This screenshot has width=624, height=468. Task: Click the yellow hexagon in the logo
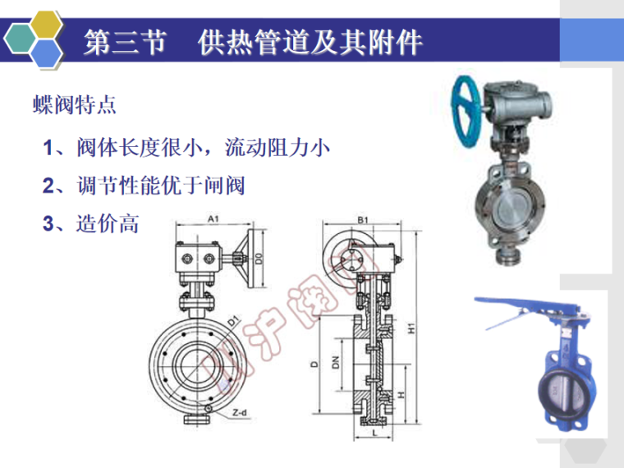pyautogui.click(x=47, y=25)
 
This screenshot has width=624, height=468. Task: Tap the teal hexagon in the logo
pyautogui.click(x=20, y=39)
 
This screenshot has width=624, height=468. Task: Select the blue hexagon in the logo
pyautogui.click(x=47, y=53)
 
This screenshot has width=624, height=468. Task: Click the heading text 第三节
pyautogui.click(x=125, y=42)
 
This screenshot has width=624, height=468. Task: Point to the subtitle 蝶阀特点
pyautogui.click(x=75, y=105)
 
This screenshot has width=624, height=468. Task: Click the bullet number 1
pyautogui.click(x=48, y=148)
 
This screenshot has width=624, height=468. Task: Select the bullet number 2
pyautogui.click(x=48, y=186)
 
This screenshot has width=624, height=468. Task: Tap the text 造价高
pyautogui.click(x=108, y=223)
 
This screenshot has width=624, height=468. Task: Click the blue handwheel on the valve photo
pyautogui.click(x=467, y=111)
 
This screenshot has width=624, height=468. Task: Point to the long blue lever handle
pyautogui.click(x=525, y=306)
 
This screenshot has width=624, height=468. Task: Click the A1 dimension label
pyautogui.click(x=213, y=219)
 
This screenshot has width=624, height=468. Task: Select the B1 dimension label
pyautogui.click(x=363, y=220)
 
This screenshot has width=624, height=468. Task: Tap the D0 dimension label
pyautogui.click(x=259, y=259)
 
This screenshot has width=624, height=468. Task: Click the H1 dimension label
pyautogui.click(x=411, y=328)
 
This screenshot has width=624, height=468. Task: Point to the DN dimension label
pyautogui.click(x=336, y=362)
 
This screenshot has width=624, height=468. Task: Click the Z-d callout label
pyautogui.click(x=240, y=413)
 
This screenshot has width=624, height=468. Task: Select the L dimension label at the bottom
pyautogui.click(x=374, y=433)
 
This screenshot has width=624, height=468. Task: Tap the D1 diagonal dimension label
pyautogui.click(x=234, y=321)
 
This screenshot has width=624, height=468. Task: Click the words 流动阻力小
pyautogui.click(x=278, y=148)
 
